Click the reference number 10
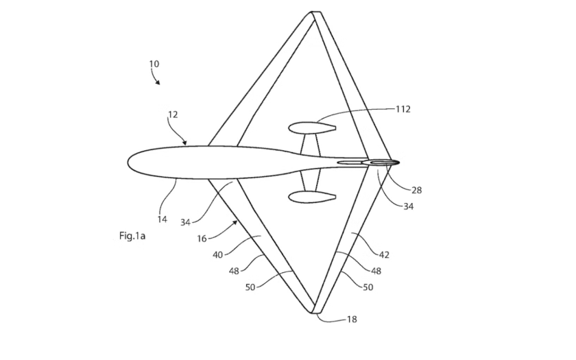click(154, 64)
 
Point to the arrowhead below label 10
click(158, 82)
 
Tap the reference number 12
click(173, 115)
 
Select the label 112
click(403, 109)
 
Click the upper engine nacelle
click(312, 128)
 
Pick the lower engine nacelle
click(312, 197)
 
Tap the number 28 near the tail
click(417, 191)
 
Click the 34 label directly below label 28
click(409, 206)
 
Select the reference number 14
click(162, 219)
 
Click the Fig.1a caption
click(132, 236)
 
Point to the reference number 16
click(202, 239)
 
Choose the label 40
click(218, 254)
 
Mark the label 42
click(384, 254)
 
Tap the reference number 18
click(352, 320)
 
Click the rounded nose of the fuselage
click(129, 163)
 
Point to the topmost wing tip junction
click(316, 12)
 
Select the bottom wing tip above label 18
click(316, 312)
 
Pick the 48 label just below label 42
click(376, 271)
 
